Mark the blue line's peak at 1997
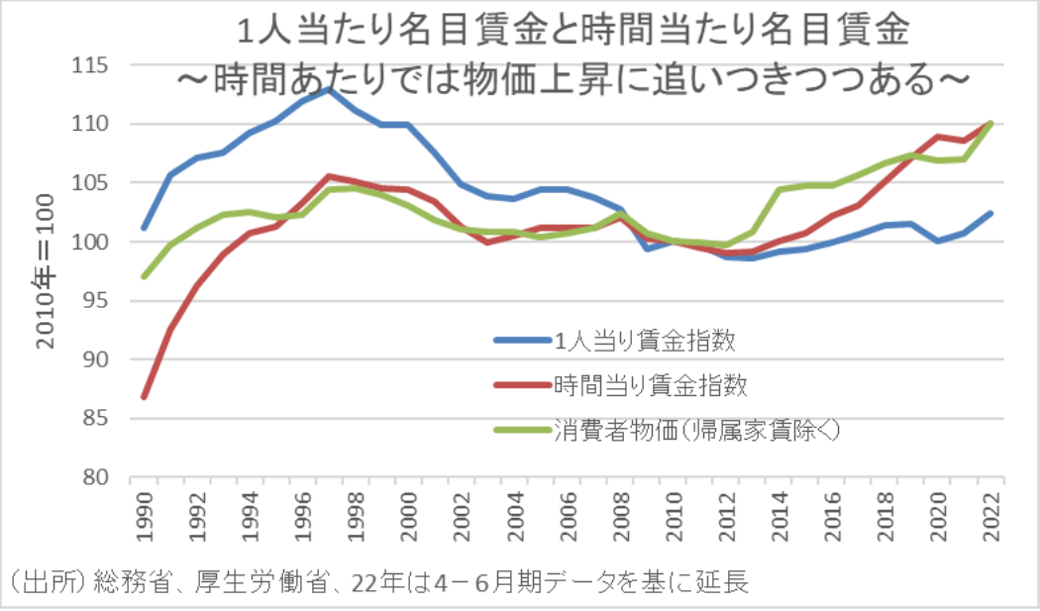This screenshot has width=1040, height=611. [329, 89]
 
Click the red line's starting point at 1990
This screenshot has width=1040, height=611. [145, 397]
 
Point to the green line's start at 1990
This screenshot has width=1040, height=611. [145, 276]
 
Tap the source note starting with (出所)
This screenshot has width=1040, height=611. [376, 583]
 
